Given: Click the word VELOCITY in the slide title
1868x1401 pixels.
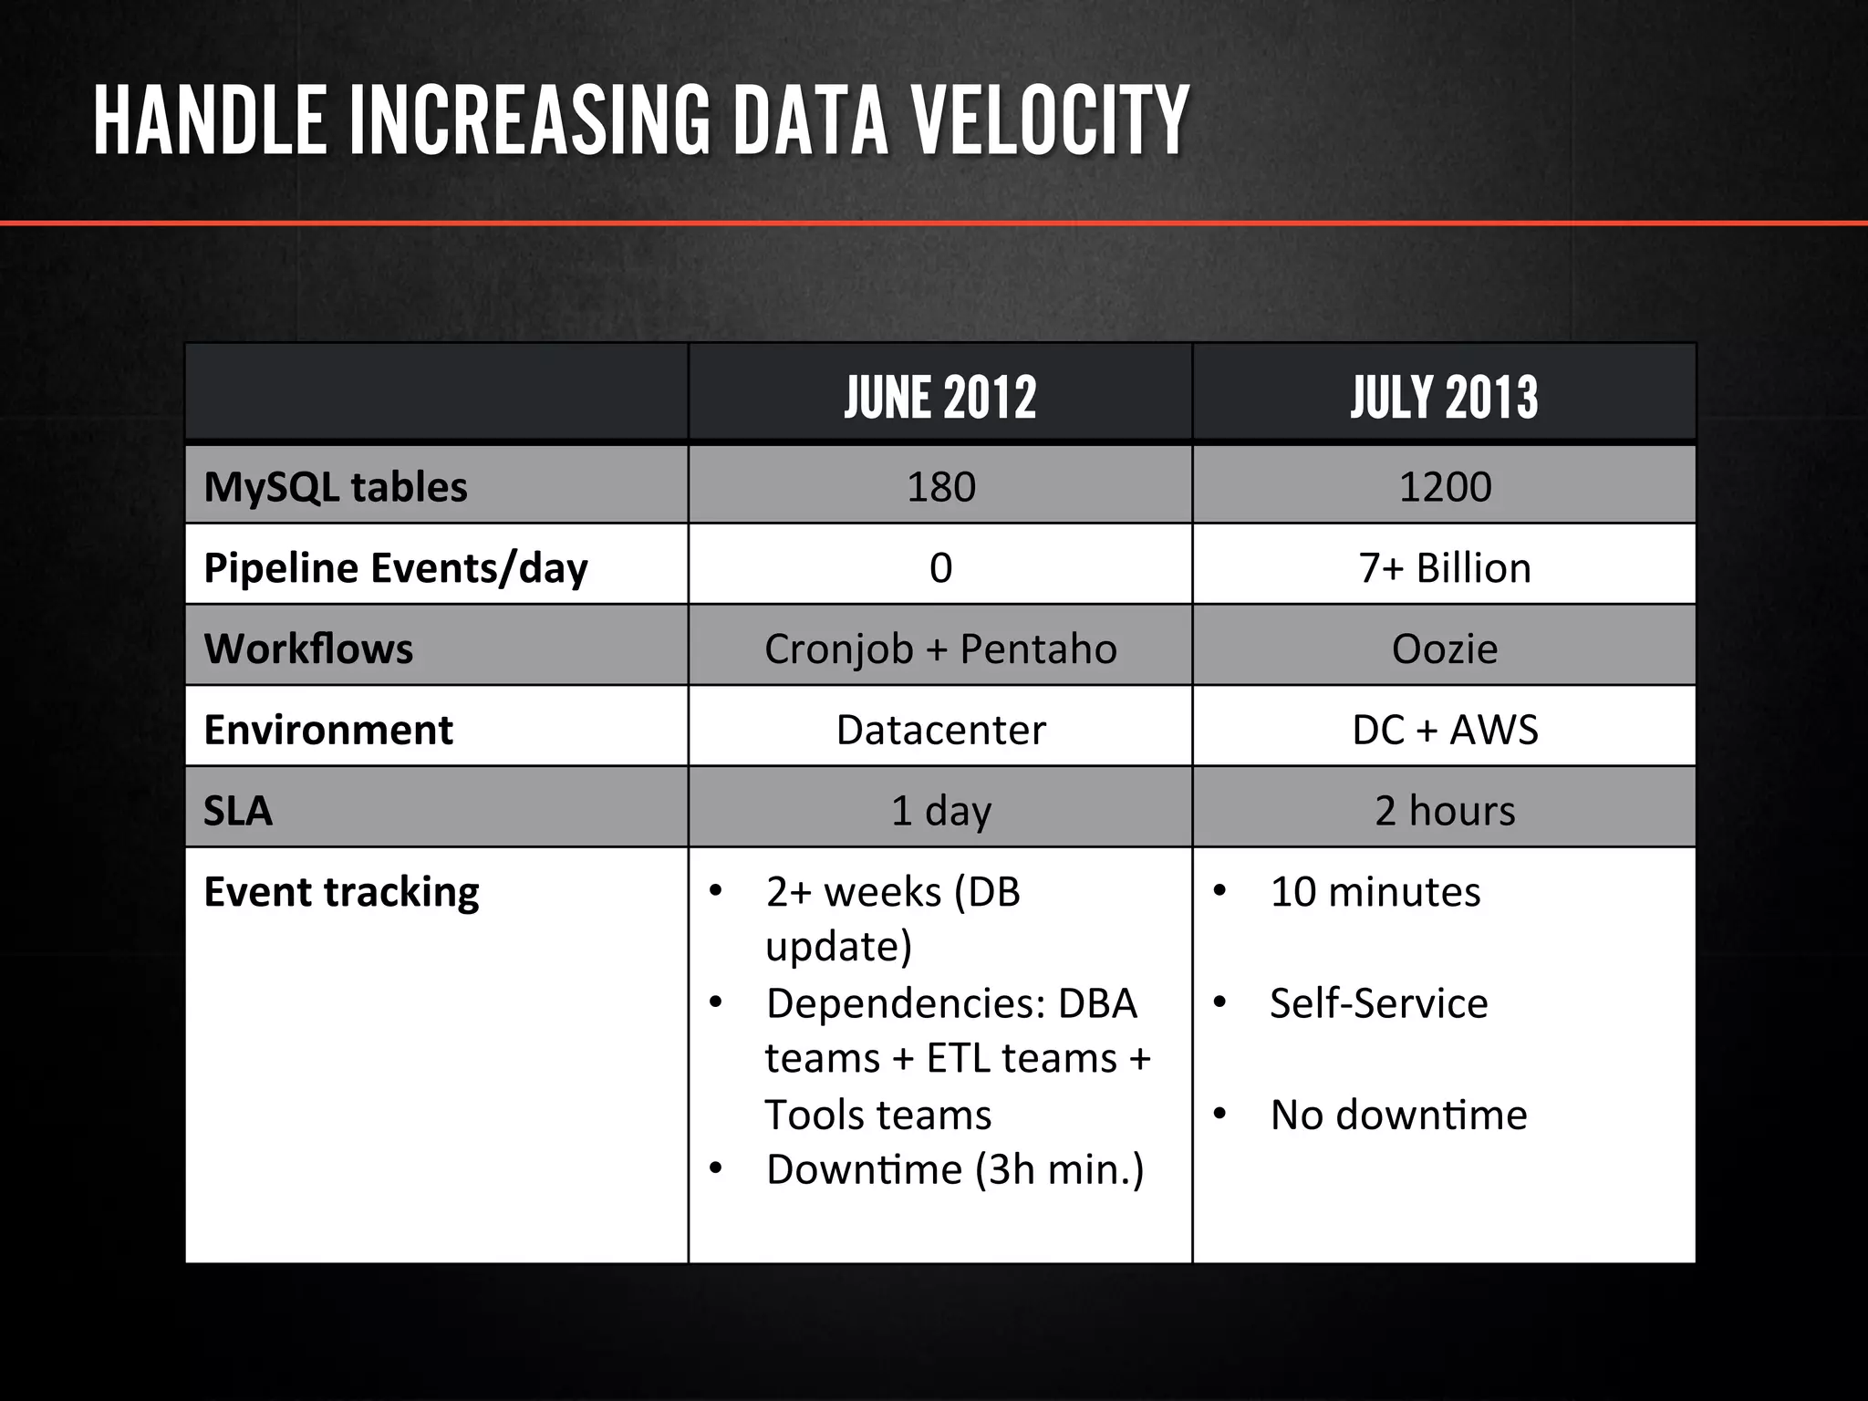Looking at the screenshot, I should tap(1050, 121).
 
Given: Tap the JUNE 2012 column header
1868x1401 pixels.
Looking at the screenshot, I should tap(940, 398).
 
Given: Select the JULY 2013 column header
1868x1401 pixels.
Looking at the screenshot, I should tap(1444, 398).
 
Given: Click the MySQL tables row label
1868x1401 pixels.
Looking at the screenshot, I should tap(336, 487).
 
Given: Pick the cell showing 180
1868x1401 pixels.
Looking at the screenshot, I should tap(940, 487).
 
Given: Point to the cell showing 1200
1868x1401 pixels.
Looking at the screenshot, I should tap(1445, 487).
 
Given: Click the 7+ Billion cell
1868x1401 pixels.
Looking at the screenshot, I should tap(1445, 567).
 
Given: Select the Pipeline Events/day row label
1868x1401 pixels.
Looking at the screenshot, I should tap(396, 567).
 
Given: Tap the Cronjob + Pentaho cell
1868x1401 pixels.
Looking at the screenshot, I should tap(940, 649).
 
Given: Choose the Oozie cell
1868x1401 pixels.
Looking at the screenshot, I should tap(1445, 649).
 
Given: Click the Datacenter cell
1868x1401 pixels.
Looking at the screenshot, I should tap(940, 730).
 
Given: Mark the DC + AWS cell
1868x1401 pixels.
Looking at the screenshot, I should tap(1445, 730).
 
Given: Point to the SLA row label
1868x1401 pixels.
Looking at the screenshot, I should tap(238, 811).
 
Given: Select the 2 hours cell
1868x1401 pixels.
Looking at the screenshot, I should tap(1445, 811).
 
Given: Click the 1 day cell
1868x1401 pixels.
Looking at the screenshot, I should tap(940, 811).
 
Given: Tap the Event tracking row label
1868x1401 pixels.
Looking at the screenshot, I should tap(341, 892).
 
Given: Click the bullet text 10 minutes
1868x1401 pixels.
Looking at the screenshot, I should tap(1375, 892).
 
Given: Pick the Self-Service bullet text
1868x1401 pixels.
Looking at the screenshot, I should tap(1378, 1003).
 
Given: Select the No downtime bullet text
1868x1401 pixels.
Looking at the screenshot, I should tap(1398, 1115).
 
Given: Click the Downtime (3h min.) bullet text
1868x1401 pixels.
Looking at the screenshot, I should tap(954, 1169).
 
